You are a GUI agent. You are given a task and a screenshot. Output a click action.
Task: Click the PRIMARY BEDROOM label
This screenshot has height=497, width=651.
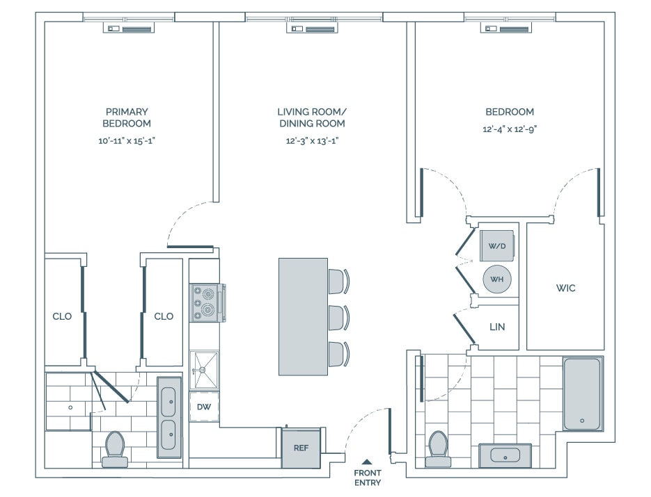pos(127,117)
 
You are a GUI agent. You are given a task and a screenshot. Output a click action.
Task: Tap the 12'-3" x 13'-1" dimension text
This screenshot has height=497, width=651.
pos(311,141)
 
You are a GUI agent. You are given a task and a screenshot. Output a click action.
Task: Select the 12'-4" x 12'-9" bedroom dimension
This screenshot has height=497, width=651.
pos(510,129)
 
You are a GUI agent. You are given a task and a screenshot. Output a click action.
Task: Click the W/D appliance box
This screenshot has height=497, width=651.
pos(497,245)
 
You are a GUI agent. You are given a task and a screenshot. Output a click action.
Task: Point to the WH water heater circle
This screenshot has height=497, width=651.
pos(497,279)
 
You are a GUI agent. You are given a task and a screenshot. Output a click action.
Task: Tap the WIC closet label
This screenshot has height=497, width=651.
pos(565,288)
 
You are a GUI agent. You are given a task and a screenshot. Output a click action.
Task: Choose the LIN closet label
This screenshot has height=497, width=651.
pos(496,327)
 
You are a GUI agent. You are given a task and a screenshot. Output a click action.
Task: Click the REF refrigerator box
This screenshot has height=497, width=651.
pos(300,447)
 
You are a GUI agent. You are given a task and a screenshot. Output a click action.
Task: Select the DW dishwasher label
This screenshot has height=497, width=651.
pos(204,407)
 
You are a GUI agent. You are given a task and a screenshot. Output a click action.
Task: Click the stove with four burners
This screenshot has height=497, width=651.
pos(206,303)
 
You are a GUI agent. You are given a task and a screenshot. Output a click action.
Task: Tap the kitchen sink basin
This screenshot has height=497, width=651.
pos(205,369)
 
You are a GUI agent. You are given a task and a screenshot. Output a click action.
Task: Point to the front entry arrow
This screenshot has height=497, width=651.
pos(367,461)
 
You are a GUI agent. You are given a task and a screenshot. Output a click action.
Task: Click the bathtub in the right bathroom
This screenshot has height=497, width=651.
pos(581,393)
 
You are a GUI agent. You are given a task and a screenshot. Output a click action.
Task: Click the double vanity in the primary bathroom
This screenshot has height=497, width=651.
pos(169,417)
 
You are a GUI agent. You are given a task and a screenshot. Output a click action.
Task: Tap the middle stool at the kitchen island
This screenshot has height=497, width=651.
pos(338,317)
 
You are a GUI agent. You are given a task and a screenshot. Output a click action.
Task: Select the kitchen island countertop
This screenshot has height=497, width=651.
pos(303,316)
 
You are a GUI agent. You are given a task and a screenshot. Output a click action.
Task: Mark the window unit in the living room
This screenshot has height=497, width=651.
pos(313,28)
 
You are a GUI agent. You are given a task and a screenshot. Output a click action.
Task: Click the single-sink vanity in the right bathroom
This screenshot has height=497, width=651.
pos(505,455)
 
